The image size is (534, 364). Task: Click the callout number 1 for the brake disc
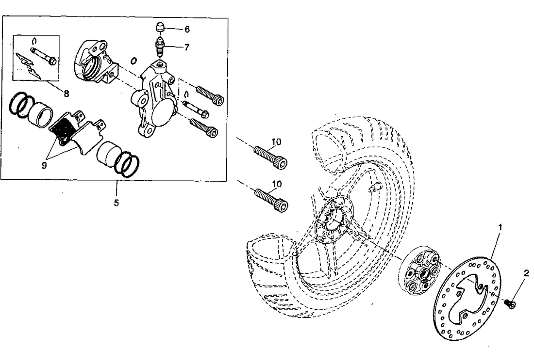(x=500, y=226)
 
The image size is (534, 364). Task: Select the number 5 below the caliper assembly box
(x=116, y=203)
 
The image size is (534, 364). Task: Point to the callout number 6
(x=187, y=29)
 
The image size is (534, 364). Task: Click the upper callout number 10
(x=276, y=142)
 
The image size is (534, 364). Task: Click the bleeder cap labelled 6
(x=160, y=27)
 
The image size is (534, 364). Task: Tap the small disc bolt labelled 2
(x=510, y=303)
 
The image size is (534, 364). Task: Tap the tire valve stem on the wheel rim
(x=374, y=188)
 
